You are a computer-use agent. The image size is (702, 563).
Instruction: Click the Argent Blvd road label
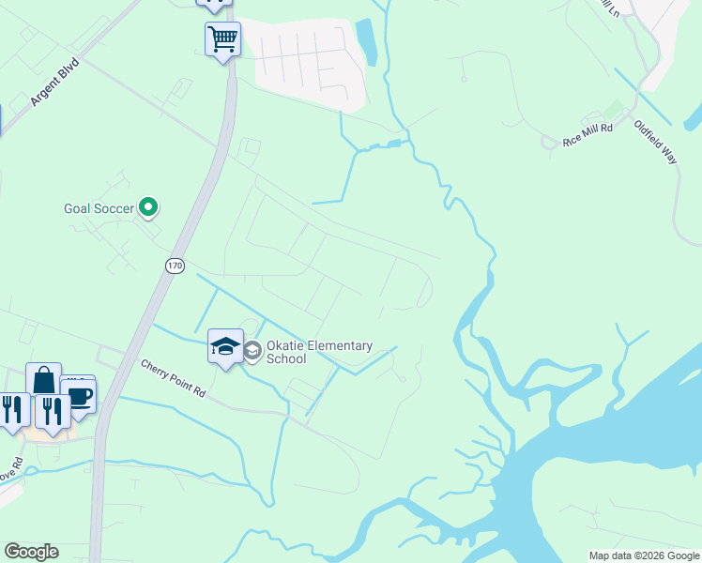(x=54, y=84)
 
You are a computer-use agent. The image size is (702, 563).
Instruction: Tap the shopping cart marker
(x=222, y=39)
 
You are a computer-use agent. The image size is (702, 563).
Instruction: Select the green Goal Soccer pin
(x=148, y=206)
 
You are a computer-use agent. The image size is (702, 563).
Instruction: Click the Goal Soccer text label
(x=99, y=207)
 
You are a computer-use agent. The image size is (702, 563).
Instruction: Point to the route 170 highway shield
(x=175, y=266)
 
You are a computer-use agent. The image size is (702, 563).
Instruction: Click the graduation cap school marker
(x=225, y=347)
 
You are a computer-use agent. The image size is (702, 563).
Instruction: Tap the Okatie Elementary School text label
(x=319, y=352)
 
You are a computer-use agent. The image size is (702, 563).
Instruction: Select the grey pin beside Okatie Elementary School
(x=252, y=351)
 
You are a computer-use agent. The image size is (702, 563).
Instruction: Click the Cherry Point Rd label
(x=173, y=377)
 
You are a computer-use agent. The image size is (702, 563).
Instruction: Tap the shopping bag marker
(x=43, y=380)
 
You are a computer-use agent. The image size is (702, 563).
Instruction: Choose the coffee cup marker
(x=79, y=397)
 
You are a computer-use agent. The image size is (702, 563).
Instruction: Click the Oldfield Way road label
(x=655, y=142)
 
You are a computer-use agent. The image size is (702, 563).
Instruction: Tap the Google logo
(x=31, y=552)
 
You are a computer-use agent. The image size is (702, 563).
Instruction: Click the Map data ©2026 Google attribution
(x=644, y=555)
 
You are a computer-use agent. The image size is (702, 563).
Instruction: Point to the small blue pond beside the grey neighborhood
(x=366, y=42)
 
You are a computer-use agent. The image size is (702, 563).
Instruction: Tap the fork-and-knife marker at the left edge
(x=12, y=410)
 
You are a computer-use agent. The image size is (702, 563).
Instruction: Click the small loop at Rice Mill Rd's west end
(x=549, y=143)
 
